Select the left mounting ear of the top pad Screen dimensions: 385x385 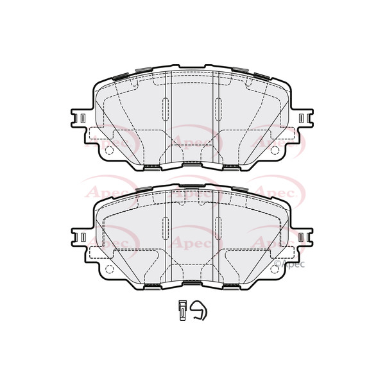pyautogui.click(x=79, y=119)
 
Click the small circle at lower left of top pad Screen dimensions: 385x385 pyautogui.click(x=108, y=151)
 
